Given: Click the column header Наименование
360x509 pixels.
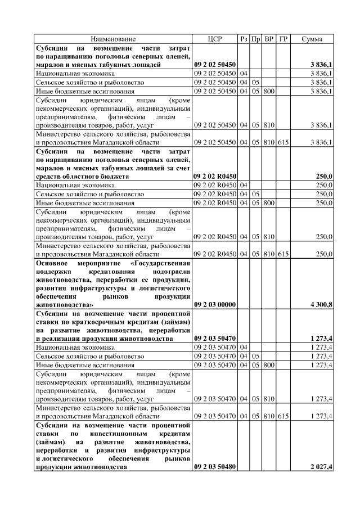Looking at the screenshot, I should coord(113,39).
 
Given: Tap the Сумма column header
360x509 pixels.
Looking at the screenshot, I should coord(312,39).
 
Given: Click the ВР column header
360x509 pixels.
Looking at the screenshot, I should coord(269,39).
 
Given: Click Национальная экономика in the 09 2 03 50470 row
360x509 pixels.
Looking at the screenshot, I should coord(75,348).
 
